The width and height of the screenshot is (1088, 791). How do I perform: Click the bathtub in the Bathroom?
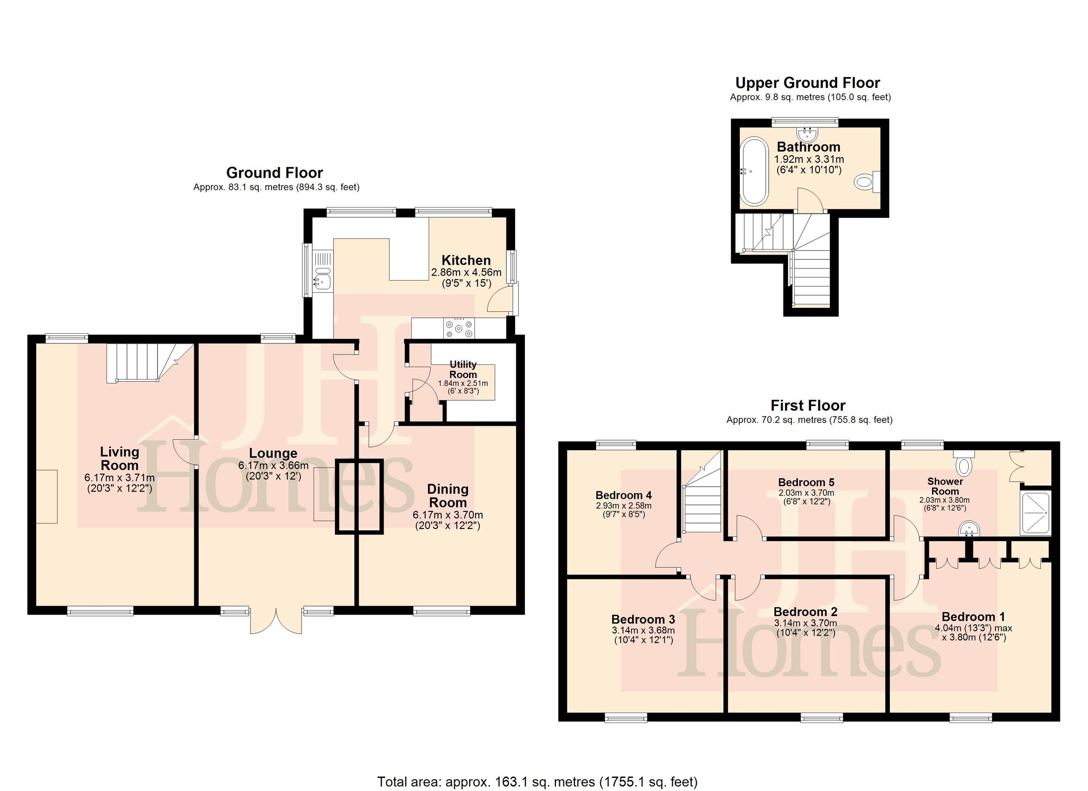click(755, 171)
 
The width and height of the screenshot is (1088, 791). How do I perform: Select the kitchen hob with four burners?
click(459, 329)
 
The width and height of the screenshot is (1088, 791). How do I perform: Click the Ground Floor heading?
click(274, 173)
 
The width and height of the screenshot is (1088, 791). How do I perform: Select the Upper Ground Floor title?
click(808, 83)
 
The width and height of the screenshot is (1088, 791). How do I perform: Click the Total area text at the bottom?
click(537, 781)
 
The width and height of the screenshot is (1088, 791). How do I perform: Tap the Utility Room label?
click(463, 369)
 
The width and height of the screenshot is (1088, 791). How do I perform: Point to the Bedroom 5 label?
click(806, 482)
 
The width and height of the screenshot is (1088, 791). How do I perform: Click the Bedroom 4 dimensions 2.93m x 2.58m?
click(623, 505)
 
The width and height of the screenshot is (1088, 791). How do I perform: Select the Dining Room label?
click(447, 495)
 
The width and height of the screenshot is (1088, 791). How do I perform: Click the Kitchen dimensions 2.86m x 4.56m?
click(466, 272)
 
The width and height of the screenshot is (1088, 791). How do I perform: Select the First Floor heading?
click(808, 406)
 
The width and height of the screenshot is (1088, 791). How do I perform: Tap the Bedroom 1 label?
click(973, 617)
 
